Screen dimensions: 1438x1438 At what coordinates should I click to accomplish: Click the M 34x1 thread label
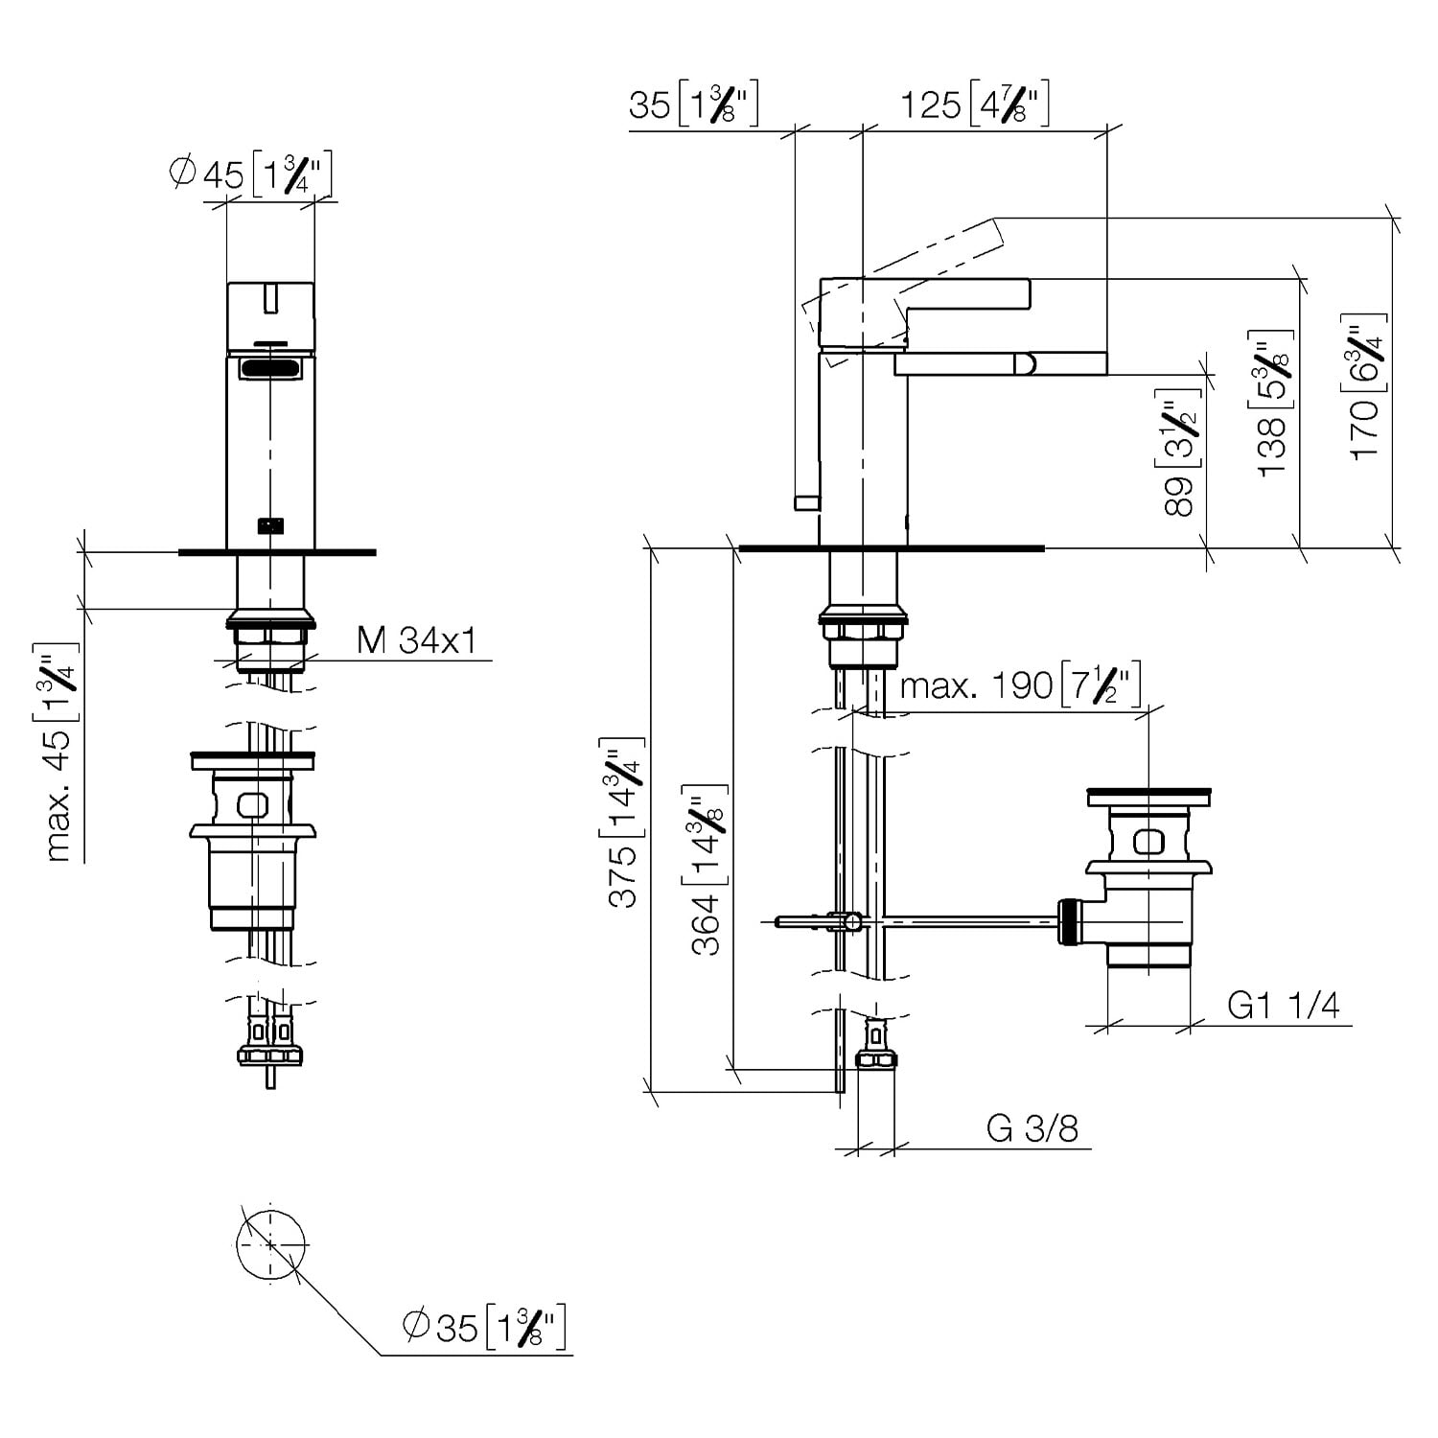pyautogui.click(x=417, y=639)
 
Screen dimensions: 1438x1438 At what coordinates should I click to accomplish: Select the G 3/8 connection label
pyautogui.click(x=1032, y=1128)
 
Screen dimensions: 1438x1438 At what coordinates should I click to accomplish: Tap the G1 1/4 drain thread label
pyautogui.click(x=1284, y=1005)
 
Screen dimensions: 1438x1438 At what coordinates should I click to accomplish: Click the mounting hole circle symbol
pyautogui.click(x=270, y=1243)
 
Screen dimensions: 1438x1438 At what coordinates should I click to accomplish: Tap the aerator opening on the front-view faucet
pyautogui.click(x=270, y=368)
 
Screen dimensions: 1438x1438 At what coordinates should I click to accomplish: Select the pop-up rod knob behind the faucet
pyautogui.click(x=807, y=501)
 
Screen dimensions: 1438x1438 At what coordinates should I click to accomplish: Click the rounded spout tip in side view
pyautogui.click(x=1025, y=363)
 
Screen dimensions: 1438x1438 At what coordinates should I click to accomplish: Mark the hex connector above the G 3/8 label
pyautogui.click(x=875, y=1059)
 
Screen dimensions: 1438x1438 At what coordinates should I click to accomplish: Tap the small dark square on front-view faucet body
pyautogui.click(x=270, y=525)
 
